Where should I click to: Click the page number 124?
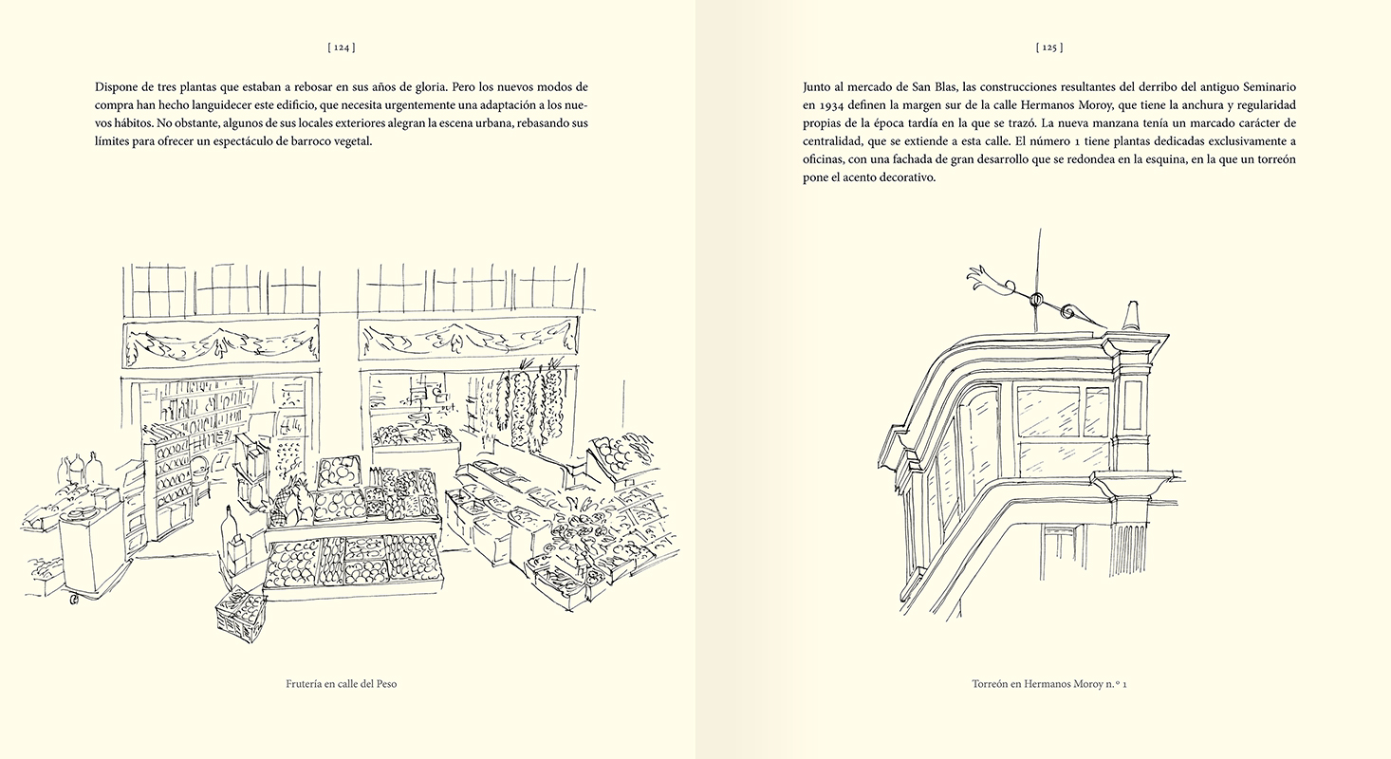[x=341, y=46]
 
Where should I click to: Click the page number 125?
[x=1048, y=46]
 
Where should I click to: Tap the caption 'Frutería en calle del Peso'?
[x=341, y=683]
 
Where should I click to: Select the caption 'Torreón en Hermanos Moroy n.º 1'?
[x=1048, y=683]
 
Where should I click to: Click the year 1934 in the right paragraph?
[x=839, y=104]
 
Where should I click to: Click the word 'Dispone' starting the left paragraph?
[x=118, y=85]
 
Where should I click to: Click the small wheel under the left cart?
[x=73, y=600]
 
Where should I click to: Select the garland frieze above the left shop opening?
[x=221, y=342]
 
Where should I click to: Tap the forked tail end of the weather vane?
[x=976, y=278]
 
